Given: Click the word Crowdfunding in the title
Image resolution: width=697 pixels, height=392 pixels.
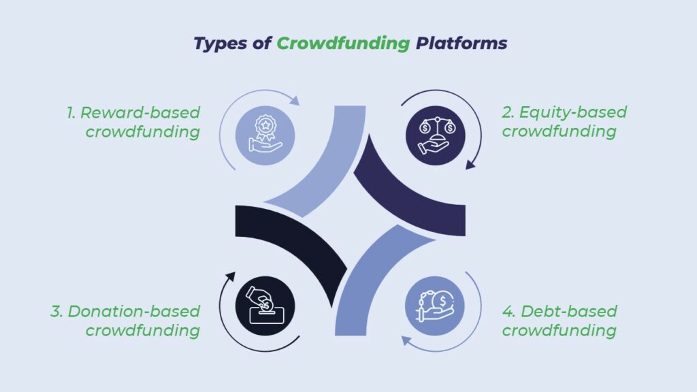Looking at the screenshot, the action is point(343,44).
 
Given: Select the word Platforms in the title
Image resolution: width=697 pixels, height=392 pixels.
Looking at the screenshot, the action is point(461,43).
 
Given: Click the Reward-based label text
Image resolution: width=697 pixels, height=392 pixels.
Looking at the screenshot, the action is point(140,113).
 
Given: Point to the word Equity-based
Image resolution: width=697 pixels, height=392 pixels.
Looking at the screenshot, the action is point(573,113).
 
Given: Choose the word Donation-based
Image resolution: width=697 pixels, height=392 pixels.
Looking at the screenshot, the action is point(134,312).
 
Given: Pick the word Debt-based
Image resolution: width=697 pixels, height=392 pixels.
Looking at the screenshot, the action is point(569,312).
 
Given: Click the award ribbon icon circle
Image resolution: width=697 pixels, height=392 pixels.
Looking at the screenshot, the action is point(265,135).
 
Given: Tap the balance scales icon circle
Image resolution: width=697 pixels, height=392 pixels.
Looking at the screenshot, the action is point(436,135).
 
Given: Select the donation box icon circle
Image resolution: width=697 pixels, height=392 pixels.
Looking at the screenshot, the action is point(265,306).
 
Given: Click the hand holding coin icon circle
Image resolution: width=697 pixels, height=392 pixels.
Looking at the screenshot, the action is point(435,306).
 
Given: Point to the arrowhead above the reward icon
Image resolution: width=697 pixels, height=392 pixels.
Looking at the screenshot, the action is point(295,101).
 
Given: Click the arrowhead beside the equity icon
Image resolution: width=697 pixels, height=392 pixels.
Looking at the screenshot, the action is point(470,165).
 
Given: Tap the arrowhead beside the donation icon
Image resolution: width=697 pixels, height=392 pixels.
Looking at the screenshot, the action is point(230,277).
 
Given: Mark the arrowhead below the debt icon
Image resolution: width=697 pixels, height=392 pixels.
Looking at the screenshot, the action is point(406,341).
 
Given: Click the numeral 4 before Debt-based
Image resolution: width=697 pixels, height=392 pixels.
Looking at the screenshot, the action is point(508,312).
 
